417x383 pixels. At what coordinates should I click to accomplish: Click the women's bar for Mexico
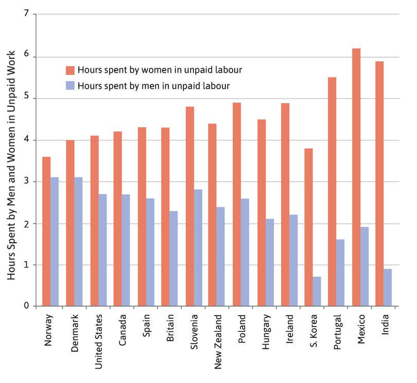pyautogui.click(x=356, y=178)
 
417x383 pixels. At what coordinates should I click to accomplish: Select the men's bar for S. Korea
pyautogui.click(x=317, y=292)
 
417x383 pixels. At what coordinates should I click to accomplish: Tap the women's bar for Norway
pyautogui.click(x=46, y=232)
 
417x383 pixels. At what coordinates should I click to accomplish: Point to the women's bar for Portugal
pyautogui.click(x=332, y=192)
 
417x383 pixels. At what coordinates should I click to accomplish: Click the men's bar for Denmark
pyautogui.click(x=78, y=242)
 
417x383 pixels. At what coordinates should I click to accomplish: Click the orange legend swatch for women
pyautogui.click(x=70, y=70)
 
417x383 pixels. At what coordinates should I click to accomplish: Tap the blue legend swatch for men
pyautogui.click(x=70, y=85)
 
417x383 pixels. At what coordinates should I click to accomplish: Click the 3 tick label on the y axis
pyautogui.click(x=26, y=181)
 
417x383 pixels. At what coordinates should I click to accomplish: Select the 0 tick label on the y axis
pyautogui.click(x=26, y=306)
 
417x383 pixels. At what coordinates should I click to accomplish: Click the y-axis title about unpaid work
pyautogui.click(x=12, y=165)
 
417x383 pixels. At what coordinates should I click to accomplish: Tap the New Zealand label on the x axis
pyautogui.click(x=218, y=340)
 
